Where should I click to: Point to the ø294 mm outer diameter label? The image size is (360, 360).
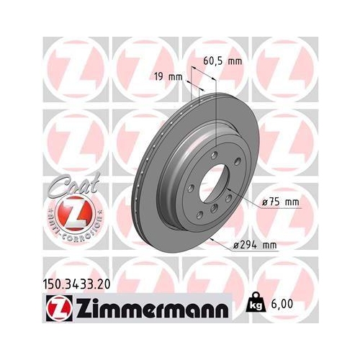click(256, 246)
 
